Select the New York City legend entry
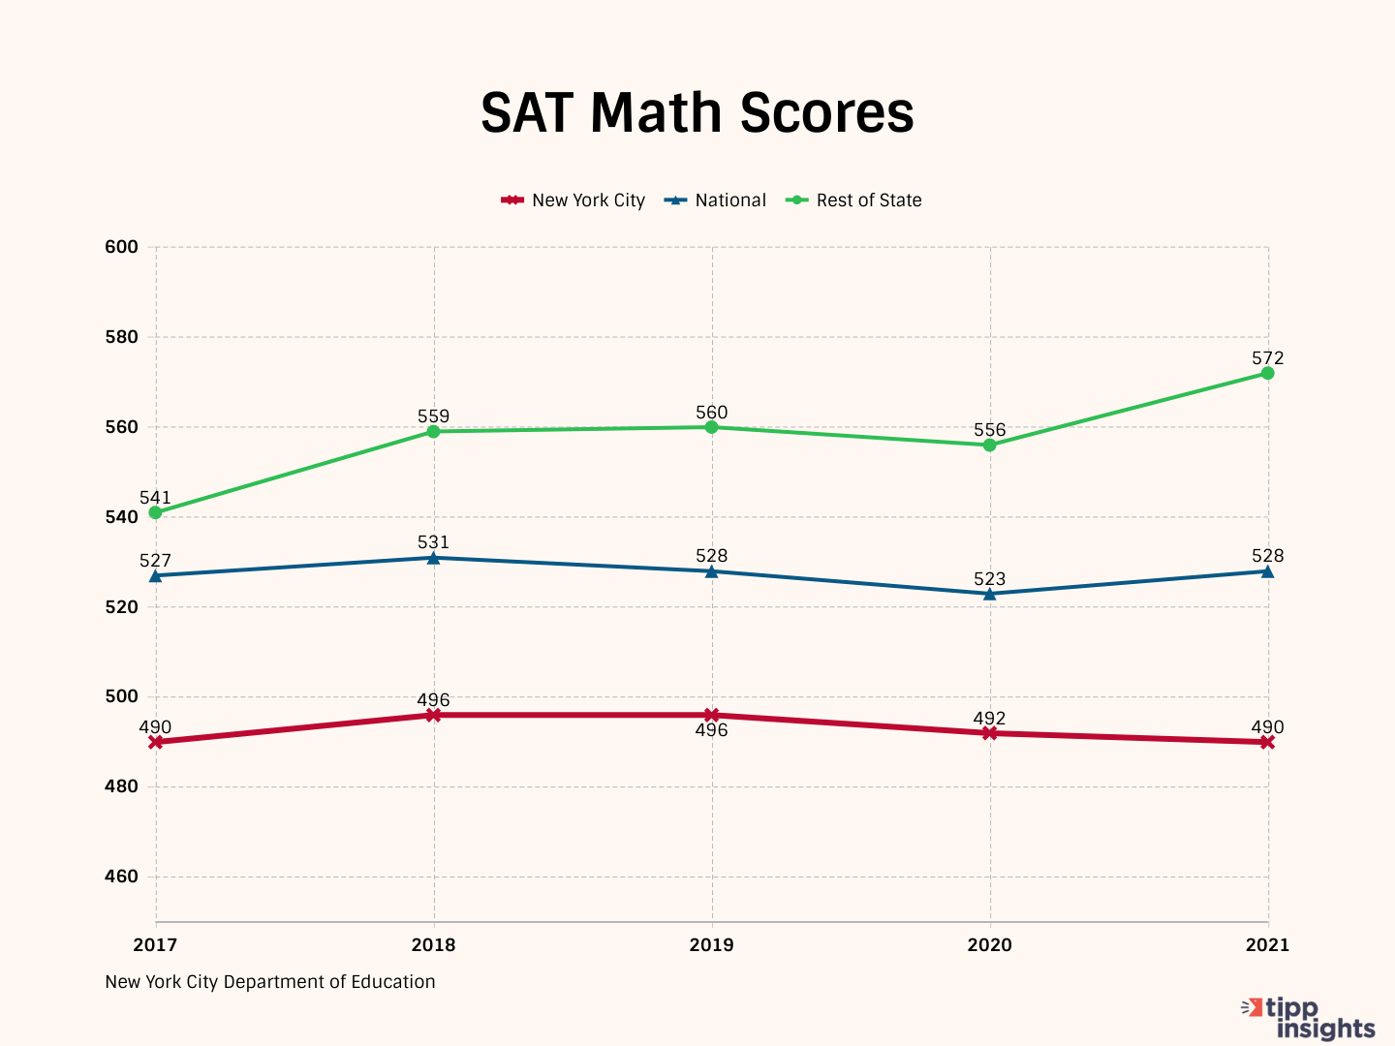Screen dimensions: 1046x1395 (573, 200)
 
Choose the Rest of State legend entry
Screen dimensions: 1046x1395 (853, 200)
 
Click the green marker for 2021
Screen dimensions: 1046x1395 (1267, 373)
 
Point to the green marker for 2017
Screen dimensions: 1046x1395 (155, 512)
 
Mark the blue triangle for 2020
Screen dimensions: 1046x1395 (989, 594)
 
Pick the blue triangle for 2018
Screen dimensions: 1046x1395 (433, 558)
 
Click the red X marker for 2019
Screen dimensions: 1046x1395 (711, 716)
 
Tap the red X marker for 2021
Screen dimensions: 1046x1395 (1267, 742)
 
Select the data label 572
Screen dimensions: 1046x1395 (1267, 358)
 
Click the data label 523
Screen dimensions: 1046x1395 (989, 579)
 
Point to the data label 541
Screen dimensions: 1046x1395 (155, 498)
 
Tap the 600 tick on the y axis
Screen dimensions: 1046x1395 (121, 247)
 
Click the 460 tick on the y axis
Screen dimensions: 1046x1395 (121, 877)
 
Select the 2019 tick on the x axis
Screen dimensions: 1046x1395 (711, 945)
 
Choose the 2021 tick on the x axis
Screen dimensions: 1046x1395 (1267, 945)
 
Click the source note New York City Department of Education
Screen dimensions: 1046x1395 (270, 982)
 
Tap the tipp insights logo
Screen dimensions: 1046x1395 (1310, 1019)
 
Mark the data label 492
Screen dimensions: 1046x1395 (989, 719)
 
